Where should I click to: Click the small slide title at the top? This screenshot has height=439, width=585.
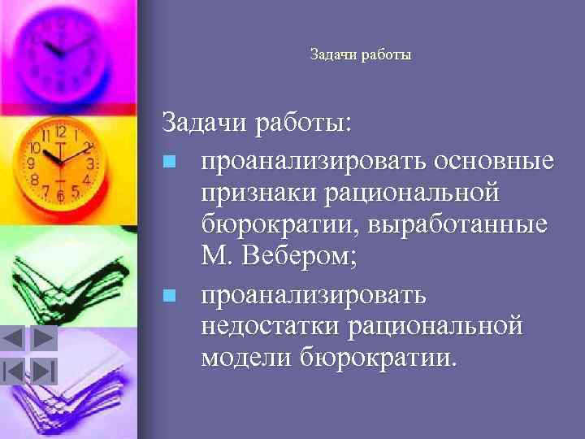(x=361, y=55)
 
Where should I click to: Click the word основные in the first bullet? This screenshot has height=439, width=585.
(x=495, y=162)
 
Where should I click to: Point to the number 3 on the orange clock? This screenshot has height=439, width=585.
(x=90, y=163)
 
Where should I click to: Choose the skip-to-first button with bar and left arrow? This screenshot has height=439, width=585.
(x=14, y=371)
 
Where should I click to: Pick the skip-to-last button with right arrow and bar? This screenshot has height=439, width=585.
(x=43, y=371)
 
